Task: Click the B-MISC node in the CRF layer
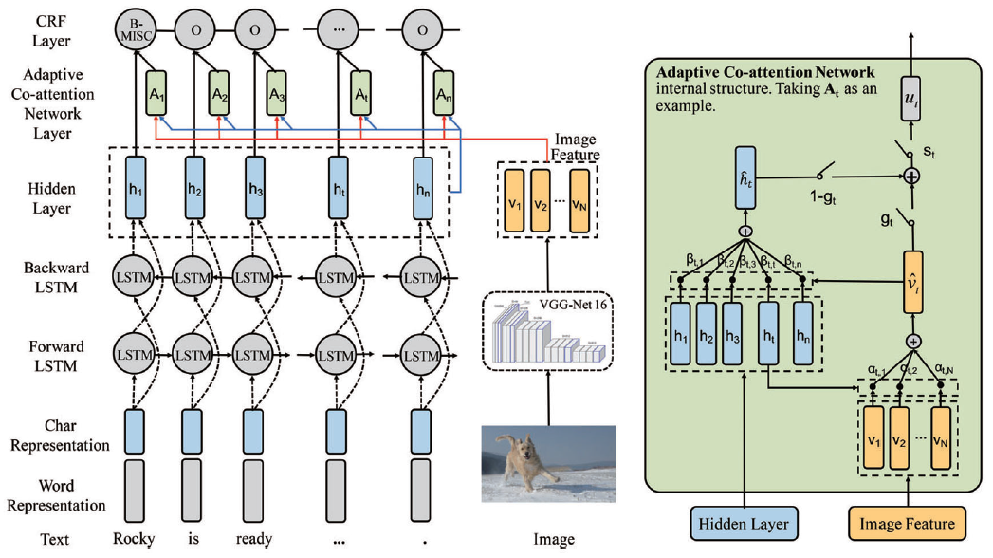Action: [134, 29]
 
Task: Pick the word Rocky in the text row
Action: [133, 539]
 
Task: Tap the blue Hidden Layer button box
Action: [745, 523]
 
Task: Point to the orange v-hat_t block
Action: [912, 283]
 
